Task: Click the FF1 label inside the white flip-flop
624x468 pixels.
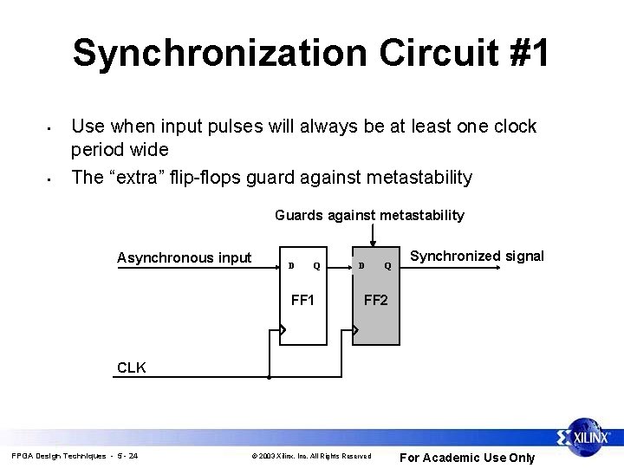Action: (302, 302)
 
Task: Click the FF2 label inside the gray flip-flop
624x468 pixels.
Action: (375, 302)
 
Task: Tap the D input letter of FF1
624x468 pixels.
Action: (291, 265)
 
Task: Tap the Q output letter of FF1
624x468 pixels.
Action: (316, 265)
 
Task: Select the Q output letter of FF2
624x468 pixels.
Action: (388, 265)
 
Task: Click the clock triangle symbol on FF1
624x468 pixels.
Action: (282, 330)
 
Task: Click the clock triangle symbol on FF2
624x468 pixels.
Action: (354, 330)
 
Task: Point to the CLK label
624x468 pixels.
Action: (132, 367)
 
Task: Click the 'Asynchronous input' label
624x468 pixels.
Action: (184, 257)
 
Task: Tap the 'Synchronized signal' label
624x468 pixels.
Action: (477, 256)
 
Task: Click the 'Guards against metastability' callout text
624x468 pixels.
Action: (369, 215)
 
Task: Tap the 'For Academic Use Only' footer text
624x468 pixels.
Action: (466, 458)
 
